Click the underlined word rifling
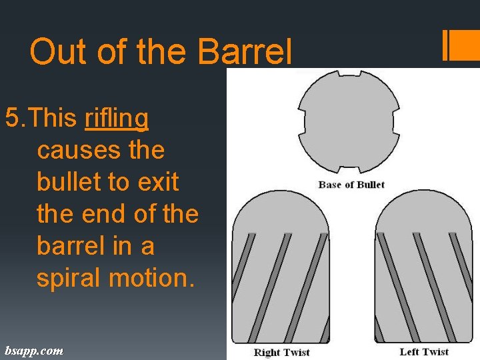117,119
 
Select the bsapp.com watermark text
34,350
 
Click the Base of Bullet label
351,185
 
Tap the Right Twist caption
281,352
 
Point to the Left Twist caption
424,352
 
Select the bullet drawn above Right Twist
280,267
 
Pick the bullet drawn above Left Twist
425,267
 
